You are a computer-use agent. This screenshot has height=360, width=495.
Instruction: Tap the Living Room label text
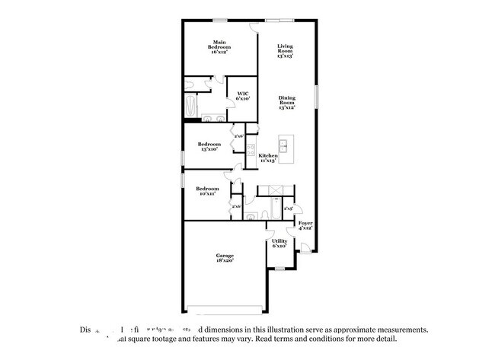(x=286, y=50)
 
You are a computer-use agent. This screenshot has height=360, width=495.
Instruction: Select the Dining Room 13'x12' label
(x=286, y=103)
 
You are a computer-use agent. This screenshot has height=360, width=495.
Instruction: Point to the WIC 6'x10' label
(x=242, y=97)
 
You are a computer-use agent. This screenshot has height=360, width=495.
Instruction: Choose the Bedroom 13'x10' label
(x=209, y=146)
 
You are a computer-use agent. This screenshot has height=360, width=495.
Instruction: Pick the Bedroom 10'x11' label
(x=207, y=191)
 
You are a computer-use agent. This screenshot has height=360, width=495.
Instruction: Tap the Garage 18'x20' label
(x=224, y=257)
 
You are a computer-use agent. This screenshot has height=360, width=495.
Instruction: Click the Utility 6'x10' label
(x=279, y=244)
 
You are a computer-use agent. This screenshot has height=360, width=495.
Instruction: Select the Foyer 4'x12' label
(x=305, y=225)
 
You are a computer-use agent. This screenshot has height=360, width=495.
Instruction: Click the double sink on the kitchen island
(x=286, y=145)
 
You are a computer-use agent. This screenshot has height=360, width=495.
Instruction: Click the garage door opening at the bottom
(x=225, y=308)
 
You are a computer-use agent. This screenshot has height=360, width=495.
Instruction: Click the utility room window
(x=279, y=268)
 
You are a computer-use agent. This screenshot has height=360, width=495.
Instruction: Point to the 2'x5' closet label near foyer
(x=289, y=208)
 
